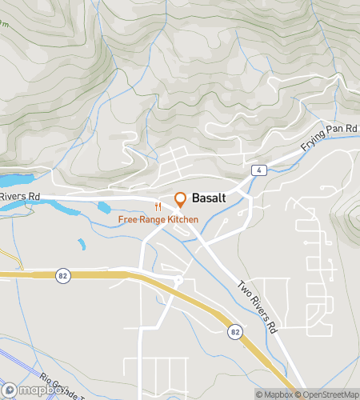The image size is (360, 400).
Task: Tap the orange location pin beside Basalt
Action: pos(180,199)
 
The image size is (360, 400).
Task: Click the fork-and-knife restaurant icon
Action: pos(158,206)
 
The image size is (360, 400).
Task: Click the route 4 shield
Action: pos(258,170)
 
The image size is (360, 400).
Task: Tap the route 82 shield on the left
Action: pos(62,274)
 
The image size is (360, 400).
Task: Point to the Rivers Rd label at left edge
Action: pos(20,195)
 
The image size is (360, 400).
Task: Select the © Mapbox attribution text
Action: pos(274,394)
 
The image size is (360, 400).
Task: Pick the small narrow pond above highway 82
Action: pos(81,244)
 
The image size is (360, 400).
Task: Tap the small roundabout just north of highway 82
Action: pos(178,280)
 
